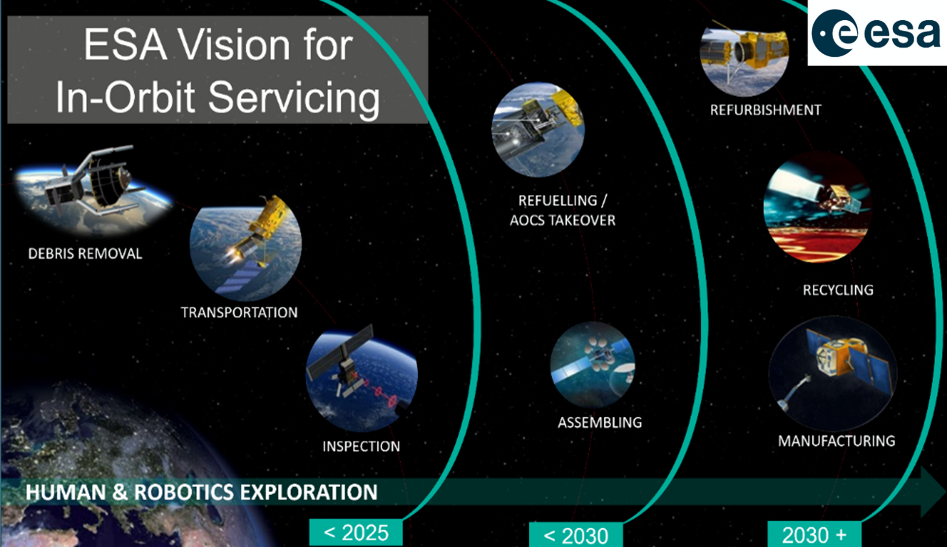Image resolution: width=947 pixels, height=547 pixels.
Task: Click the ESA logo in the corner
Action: [x=876, y=33]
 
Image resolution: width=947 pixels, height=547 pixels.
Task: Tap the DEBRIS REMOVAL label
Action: [x=85, y=254]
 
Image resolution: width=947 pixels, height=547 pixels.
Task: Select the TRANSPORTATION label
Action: [x=239, y=312]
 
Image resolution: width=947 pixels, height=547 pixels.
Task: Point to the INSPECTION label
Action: [x=361, y=446]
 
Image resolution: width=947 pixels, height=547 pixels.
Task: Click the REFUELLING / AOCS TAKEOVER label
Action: [x=563, y=210]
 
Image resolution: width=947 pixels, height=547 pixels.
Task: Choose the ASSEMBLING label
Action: [x=600, y=422]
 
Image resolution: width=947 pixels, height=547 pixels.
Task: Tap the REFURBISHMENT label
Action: [x=765, y=109]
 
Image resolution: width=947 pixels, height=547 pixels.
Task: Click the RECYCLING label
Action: [x=838, y=290]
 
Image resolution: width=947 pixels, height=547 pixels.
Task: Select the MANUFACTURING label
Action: [x=837, y=440]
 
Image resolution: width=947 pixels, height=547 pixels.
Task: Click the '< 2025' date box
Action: [x=356, y=533]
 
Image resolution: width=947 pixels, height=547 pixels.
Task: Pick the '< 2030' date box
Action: [x=576, y=535]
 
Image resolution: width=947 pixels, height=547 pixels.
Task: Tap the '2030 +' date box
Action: [x=814, y=534]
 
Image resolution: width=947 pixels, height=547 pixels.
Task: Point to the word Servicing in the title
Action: [x=294, y=98]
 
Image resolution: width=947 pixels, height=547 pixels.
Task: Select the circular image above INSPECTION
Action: [x=362, y=380]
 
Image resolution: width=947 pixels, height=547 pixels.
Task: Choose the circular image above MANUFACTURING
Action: [x=833, y=374]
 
